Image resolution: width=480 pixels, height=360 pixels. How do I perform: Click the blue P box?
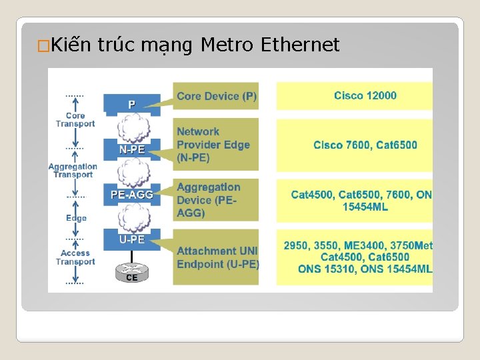pos(132,104)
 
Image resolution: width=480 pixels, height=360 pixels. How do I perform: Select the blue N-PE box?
pos(132,150)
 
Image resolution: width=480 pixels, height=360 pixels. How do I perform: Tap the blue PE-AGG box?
pos(132,195)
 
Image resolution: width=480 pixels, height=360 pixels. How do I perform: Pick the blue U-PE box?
pos(132,239)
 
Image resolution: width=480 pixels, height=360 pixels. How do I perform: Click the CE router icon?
pos(132,273)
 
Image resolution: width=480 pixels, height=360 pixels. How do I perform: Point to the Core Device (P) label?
pos(217,97)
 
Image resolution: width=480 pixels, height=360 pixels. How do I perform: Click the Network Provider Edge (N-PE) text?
pos(213,145)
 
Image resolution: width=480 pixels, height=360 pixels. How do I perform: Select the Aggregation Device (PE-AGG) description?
pos(209,200)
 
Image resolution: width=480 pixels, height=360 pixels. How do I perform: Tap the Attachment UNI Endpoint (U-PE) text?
pos(217,257)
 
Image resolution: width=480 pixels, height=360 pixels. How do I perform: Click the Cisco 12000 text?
pos(365,95)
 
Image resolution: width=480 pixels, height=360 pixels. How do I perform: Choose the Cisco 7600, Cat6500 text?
pos(365,145)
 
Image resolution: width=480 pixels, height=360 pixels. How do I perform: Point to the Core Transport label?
pos(75,119)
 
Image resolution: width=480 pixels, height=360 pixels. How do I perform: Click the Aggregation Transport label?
pos(73,170)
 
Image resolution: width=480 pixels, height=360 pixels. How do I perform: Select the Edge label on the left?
pos(76,218)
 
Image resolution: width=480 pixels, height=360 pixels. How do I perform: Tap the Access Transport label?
pos(75,257)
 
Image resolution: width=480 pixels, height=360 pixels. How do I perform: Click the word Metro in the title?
pos(227,45)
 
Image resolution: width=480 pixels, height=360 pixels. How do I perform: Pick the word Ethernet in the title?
pos(301,45)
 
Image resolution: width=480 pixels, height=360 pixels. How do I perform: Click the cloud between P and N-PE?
pos(132,127)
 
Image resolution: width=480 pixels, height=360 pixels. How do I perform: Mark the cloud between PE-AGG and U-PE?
pos(132,217)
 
